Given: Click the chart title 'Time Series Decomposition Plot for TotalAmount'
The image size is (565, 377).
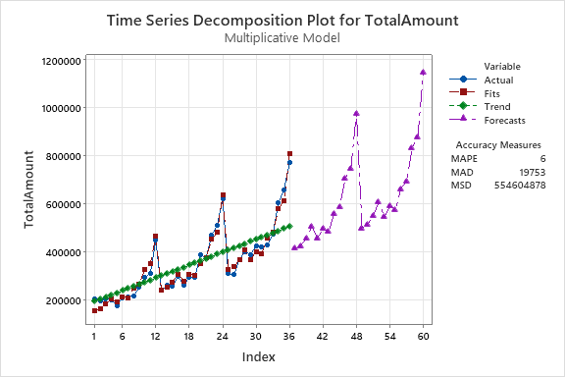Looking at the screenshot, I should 282,19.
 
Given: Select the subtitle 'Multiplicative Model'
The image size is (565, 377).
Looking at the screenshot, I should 282,38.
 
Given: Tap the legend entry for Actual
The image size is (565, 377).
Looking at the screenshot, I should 498,81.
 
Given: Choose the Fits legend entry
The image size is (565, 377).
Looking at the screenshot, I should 492,93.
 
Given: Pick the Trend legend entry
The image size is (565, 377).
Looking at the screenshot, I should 496,107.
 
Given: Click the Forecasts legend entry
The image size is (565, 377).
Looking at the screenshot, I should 504,121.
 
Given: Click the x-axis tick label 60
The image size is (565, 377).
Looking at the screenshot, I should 423,336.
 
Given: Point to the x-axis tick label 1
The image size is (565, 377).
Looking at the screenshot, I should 94,336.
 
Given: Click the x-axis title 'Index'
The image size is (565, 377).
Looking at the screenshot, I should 258,357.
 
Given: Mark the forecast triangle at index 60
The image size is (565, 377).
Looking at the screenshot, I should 423,72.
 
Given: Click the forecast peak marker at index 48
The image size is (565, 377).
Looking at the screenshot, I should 356,113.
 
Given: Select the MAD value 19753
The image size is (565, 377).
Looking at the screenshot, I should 531,171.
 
